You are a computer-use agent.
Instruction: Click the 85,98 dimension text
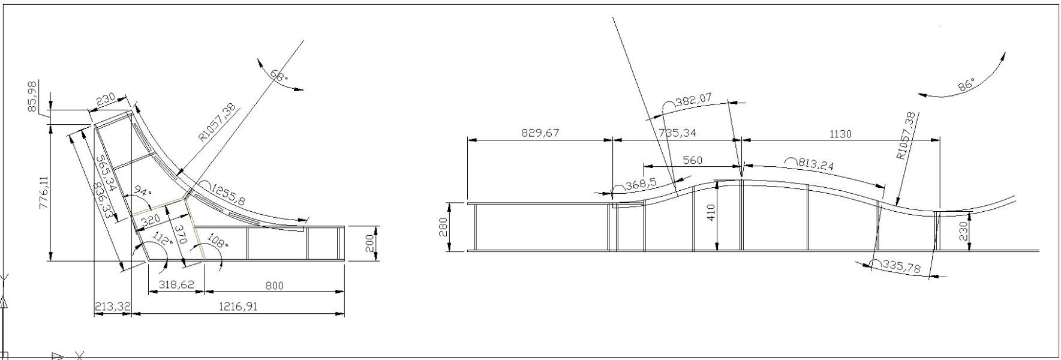32,95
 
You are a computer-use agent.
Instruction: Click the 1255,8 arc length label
227,196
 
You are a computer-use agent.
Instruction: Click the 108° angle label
217,240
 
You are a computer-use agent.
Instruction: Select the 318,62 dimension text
175,284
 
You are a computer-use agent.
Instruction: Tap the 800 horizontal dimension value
274,286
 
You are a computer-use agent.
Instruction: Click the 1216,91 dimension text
238,306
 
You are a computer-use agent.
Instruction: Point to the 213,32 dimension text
112,307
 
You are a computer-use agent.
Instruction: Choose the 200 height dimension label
370,244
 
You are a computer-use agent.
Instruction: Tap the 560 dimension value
692,160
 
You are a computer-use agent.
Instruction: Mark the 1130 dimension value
840,134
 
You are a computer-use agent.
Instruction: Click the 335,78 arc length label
901,266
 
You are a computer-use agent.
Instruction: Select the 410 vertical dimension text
711,212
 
